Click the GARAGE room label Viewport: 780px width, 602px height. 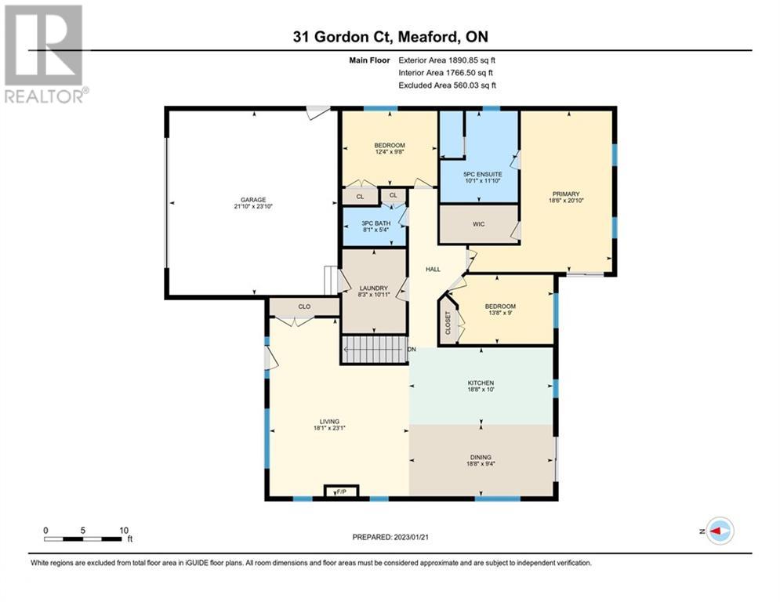coord(253,200)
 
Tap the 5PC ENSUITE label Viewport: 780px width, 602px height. coord(483,175)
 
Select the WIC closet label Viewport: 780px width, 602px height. coord(478,224)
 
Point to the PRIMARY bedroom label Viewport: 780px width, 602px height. coord(566,194)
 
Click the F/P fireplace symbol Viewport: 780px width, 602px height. coord(341,491)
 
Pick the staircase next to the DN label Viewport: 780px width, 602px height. coord(373,350)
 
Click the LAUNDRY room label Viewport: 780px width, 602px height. coord(374,288)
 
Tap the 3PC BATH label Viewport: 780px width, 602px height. coord(376,223)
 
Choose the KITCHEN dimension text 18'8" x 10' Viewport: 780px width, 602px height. coord(481,390)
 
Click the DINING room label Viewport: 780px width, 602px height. coord(481,457)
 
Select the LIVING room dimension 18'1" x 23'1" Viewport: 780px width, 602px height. coord(329,428)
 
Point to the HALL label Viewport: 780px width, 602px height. coord(433,269)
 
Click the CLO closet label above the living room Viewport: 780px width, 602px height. coord(304,306)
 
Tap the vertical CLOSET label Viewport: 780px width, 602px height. coord(448,323)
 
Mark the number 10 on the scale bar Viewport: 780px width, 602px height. coord(124,531)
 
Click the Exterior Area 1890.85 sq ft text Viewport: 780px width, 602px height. coord(447,60)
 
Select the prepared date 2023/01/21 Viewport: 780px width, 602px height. coord(411,537)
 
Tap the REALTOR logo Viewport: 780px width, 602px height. coord(44,54)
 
